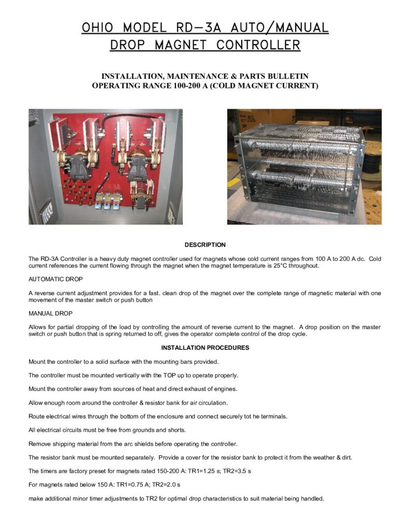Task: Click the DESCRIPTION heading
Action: pyautogui.click(x=205, y=245)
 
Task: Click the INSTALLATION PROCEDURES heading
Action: pyautogui.click(x=205, y=348)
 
